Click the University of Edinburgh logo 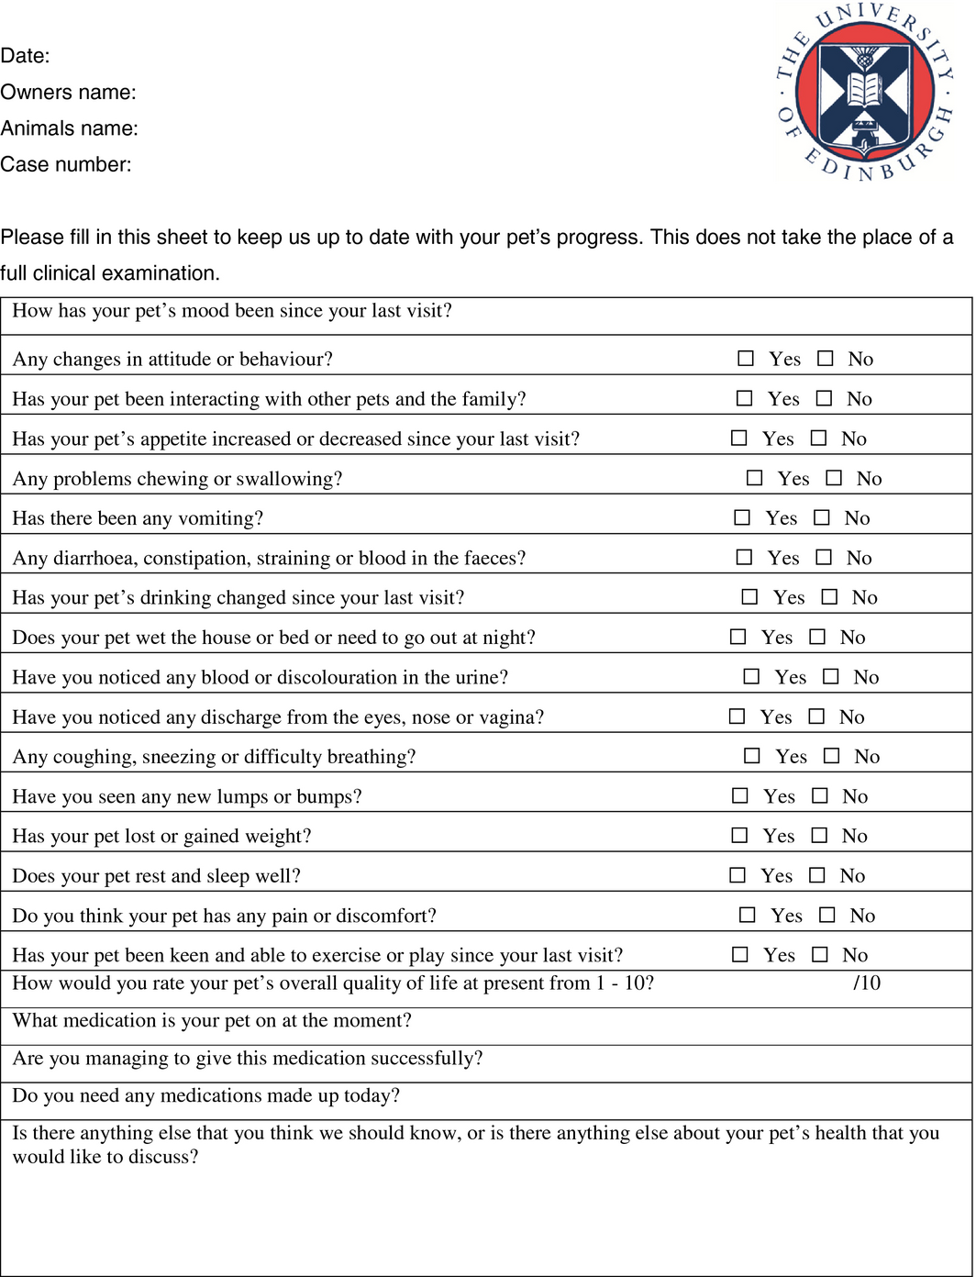click(864, 91)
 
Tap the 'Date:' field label click(25, 56)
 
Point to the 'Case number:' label click(66, 165)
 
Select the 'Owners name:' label click(68, 93)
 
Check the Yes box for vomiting click(742, 518)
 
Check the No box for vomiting click(822, 518)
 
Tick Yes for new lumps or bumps click(740, 796)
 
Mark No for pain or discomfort click(827, 916)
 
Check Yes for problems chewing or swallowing click(754, 478)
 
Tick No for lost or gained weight click(820, 836)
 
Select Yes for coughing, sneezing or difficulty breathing click(752, 757)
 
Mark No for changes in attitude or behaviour click(826, 359)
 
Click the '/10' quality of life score click(867, 983)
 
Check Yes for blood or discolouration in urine click(751, 677)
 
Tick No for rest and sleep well click(817, 876)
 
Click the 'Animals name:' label click(69, 129)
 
